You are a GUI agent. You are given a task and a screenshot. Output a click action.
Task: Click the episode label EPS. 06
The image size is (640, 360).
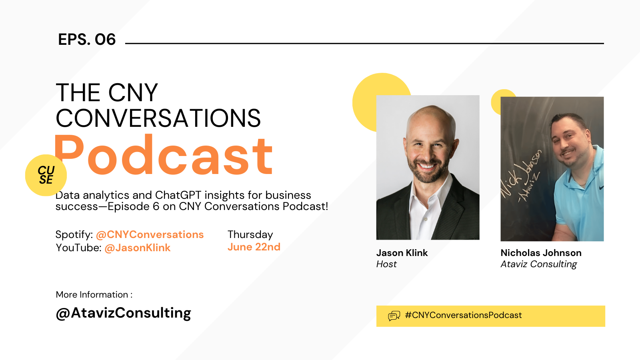[x=87, y=39]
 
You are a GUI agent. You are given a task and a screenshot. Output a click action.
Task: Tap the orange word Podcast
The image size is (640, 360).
[x=164, y=154]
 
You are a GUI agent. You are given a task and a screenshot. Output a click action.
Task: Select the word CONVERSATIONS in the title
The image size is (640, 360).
[x=158, y=118]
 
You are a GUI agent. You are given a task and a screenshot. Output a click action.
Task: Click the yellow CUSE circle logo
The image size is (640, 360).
[x=46, y=175]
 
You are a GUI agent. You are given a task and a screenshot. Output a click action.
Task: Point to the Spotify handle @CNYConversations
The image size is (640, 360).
[x=150, y=234]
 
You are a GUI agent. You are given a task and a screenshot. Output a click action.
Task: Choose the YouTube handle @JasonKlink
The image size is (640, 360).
[x=138, y=248]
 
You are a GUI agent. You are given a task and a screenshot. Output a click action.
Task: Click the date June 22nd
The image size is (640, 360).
[x=254, y=247]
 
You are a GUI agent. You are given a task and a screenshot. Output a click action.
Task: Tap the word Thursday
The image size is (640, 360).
[x=250, y=234]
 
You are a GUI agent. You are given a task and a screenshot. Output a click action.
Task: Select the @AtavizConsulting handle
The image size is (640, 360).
[x=124, y=313]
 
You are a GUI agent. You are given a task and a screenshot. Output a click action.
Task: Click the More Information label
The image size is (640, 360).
[x=94, y=294]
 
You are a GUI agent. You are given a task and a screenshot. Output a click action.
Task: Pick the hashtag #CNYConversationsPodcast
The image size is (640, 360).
[x=464, y=315]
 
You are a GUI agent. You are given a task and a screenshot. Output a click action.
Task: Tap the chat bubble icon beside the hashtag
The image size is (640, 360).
[x=394, y=316]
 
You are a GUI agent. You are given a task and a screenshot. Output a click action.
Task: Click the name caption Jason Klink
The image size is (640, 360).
[x=402, y=253]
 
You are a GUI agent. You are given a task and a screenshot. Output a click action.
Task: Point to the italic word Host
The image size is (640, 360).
[x=386, y=264]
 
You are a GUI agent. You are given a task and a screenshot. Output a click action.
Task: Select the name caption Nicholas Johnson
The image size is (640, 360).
[x=541, y=253]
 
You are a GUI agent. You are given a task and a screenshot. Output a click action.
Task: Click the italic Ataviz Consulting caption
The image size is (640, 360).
[x=539, y=264]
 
